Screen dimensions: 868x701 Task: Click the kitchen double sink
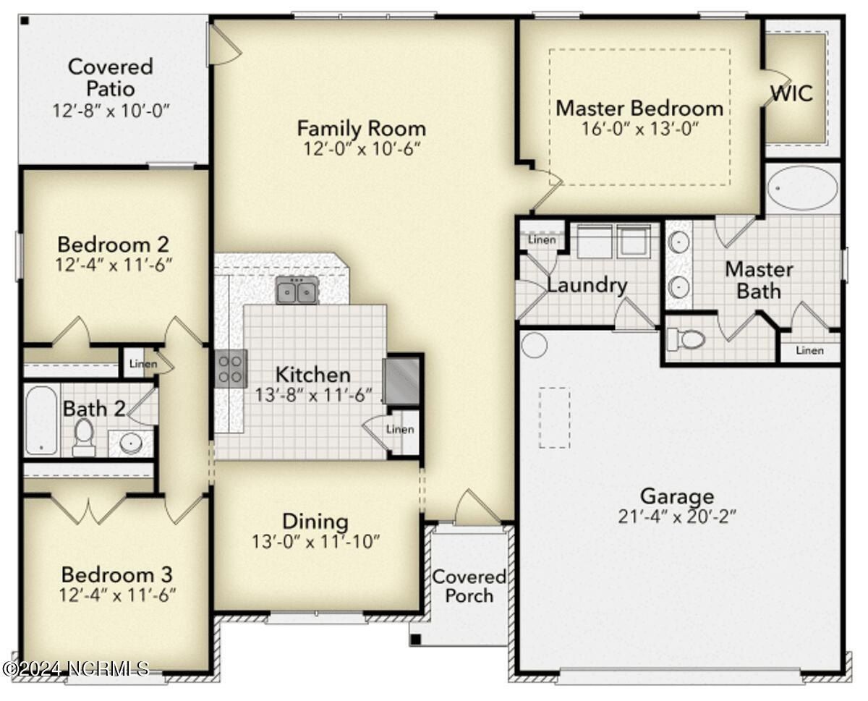[297, 290]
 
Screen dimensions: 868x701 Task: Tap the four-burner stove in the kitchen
[231, 368]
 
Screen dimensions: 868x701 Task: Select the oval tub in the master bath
[802, 187]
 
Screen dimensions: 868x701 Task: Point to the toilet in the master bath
[686, 339]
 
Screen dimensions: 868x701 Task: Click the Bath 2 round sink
[130, 443]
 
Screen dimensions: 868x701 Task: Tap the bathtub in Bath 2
[41, 420]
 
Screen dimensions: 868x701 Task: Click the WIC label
[791, 93]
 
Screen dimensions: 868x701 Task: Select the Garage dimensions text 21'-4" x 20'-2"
[677, 517]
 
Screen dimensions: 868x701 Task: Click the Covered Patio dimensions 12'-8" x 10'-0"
[111, 111]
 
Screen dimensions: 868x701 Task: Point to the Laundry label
[587, 285]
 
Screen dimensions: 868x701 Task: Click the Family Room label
[362, 128]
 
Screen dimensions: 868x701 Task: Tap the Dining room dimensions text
[315, 542]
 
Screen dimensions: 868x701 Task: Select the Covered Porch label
[469, 586]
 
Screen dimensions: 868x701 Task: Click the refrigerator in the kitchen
[401, 381]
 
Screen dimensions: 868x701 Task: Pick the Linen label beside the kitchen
[400, 429]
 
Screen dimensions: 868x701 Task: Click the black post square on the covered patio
[25, 20]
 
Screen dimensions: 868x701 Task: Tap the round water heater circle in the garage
[535, 345]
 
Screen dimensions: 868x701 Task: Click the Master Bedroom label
[639, 109]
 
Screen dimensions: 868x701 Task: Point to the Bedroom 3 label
[117, 574]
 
